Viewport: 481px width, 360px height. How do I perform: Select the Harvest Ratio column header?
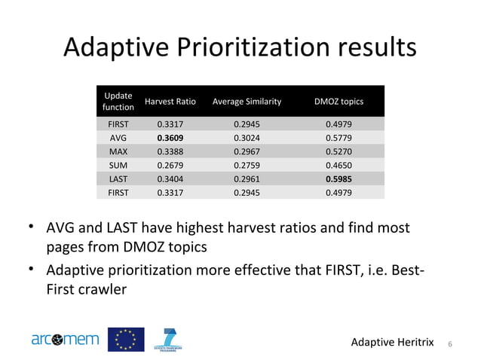pos(170,102)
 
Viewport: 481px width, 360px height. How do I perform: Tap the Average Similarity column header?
pos(247,102)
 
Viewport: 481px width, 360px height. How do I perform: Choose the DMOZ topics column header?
pos(339,102)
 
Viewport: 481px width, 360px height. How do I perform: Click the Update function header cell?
pos(118,102)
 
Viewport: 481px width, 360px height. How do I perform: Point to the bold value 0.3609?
pos(170,139)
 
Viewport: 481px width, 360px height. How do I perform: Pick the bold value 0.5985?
pos(339,179)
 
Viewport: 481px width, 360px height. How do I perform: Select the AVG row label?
pos(118,139)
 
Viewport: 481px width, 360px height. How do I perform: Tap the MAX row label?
pos(118,152)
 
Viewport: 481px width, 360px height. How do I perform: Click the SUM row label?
pos(118,166)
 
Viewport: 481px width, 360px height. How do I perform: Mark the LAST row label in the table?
pos(118,179)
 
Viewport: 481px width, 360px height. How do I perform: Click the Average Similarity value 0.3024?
pos(247,139)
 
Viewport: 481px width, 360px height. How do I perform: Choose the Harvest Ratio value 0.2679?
pos(170,166)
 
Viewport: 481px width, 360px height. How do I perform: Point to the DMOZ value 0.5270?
pos(339,152)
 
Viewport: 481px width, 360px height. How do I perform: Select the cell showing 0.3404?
pos(170,179)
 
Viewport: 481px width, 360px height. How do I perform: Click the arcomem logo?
pos(65,340)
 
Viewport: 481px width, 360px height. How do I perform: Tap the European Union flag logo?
pos(126,340)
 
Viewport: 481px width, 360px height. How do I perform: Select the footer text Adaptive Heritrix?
pos(393,343)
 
